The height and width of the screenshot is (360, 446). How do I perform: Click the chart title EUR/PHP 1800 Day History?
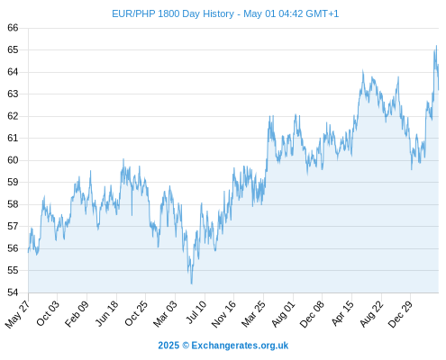(x=173, y=13)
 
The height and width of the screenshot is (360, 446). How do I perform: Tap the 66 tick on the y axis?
(x=13, y=28)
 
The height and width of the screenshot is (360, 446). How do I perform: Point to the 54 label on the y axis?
(x=13, y=292)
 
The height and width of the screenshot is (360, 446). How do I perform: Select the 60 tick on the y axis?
(x=13, y=160)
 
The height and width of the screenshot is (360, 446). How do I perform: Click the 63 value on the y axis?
(x=13, y=94)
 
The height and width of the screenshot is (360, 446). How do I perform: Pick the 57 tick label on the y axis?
(x=13, y=226)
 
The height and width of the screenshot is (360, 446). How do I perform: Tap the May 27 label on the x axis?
(x=18, y=313)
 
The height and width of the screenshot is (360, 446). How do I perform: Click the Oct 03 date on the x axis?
(x=48, y=313)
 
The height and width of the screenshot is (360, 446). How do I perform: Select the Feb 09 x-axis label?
(x=77, y=313)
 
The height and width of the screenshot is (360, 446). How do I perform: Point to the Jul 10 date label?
(x=196, y=312)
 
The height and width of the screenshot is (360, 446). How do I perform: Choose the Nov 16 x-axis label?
(x=223, y=314)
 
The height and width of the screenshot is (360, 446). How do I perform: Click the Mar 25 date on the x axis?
(x=254, y=313)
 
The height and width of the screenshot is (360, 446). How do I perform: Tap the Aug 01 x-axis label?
(x=284, y=313)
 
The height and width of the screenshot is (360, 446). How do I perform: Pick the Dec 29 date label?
(x=400, y=314)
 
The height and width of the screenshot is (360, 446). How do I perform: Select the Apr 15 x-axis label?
(x=342, y=313)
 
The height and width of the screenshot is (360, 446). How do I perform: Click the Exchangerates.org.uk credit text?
(x=240, y=346)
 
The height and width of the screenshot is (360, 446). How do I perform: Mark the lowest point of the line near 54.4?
(x=191, y=283)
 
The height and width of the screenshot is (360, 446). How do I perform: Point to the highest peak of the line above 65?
(x=436, y=46)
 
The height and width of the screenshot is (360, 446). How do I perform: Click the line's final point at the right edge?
(x=439, y=89)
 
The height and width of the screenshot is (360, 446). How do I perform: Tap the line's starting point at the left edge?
(x=29, y=252)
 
